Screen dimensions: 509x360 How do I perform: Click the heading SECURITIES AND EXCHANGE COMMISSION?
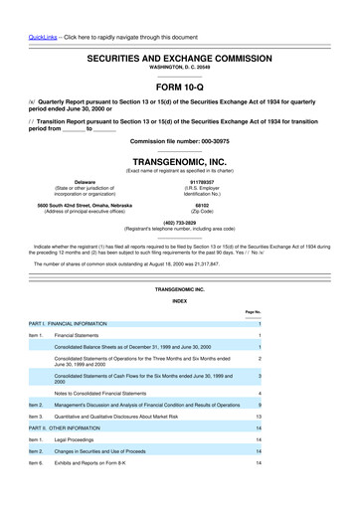(x=179, y=60)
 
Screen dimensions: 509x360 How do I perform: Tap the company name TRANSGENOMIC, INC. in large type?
(x=179, y=159)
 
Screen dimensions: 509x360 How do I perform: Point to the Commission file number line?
(x=179, y=141)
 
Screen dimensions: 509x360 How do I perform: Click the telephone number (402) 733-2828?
(x=179, y=223)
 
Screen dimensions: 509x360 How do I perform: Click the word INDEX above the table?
(x=179, y=299)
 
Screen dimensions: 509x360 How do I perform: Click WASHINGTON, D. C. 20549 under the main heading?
(x=179, y=70)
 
